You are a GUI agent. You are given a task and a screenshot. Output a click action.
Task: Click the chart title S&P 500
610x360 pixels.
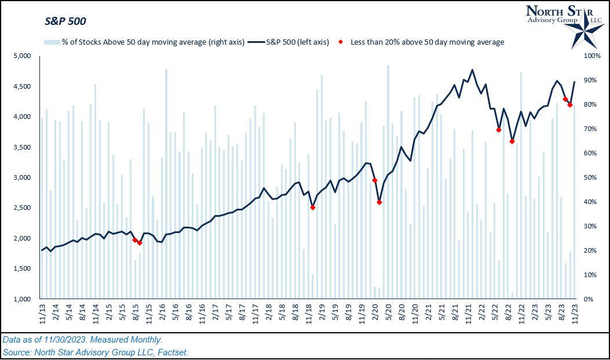point(65,22)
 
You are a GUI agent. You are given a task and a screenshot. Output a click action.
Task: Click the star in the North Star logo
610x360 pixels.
point(587,33)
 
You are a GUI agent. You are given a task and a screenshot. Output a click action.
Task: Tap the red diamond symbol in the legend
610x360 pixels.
point(341,42)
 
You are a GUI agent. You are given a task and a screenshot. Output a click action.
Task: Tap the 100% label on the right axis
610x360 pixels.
point(593,56)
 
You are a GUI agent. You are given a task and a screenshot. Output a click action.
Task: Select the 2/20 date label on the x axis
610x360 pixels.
point(375,314)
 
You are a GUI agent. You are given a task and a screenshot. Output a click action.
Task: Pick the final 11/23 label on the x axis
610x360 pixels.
point(575,314)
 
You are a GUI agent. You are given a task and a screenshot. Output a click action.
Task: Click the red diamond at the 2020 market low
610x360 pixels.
point(379,202)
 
